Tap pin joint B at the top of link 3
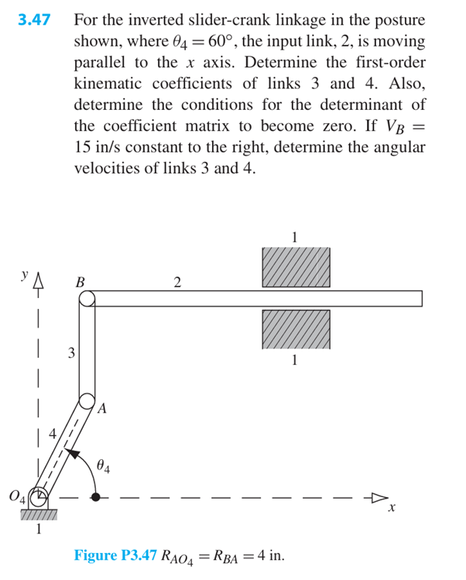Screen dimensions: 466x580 pyautogui.click(x=87, y=298)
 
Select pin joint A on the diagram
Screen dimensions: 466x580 pyautogui.click(x=87, y=403)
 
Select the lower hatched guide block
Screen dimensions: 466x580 pyautogui.click(x=295, y=330)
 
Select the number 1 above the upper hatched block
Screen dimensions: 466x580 pyautogui.click(x=295, y=236)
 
